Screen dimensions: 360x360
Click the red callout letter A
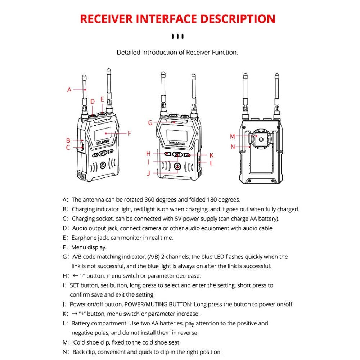click(69, 90)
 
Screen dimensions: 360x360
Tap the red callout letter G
click(150, 122)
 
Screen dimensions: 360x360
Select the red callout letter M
click(233, 136)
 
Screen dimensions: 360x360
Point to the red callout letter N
click(233, 147)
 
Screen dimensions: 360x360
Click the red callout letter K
click(212, 155)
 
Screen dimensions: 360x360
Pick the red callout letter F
click(129, 133)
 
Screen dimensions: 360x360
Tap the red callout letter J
click(148, 173)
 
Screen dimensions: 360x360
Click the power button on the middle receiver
click(177, 166)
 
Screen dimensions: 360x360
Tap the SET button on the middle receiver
click(177, 154)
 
